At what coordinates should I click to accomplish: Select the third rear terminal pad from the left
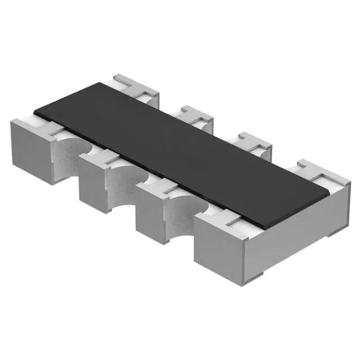[x=251, y=143]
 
